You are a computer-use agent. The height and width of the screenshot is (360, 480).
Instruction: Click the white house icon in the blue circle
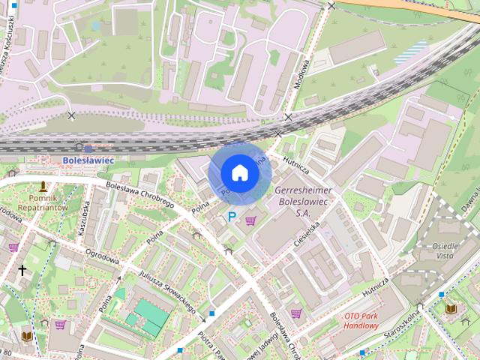tap(239, 173)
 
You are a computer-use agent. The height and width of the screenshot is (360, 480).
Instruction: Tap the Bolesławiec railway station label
tap(88, 160)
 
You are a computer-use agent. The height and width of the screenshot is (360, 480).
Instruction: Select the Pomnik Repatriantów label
tap(43, 202)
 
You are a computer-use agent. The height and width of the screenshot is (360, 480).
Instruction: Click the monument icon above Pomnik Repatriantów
tap(43, 185)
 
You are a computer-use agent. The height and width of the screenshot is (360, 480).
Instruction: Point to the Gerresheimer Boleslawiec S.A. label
tap(304, 202)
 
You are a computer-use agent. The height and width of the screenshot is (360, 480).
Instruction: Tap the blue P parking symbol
tap(232, 217)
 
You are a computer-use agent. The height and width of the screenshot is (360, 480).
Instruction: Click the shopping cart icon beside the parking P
tap(250, 220)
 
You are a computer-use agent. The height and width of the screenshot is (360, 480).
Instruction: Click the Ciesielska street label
tap(310, 234)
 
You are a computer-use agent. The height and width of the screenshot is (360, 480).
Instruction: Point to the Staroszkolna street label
tap(404, 323)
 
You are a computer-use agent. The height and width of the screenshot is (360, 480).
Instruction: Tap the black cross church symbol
tap(22, 270)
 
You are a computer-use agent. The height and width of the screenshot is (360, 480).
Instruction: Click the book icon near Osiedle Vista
tap(451, 307)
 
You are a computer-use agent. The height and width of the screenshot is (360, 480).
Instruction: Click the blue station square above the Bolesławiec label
tap(88, 148)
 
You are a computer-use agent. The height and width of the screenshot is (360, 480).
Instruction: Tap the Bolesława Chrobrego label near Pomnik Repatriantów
tap(140, 195)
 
